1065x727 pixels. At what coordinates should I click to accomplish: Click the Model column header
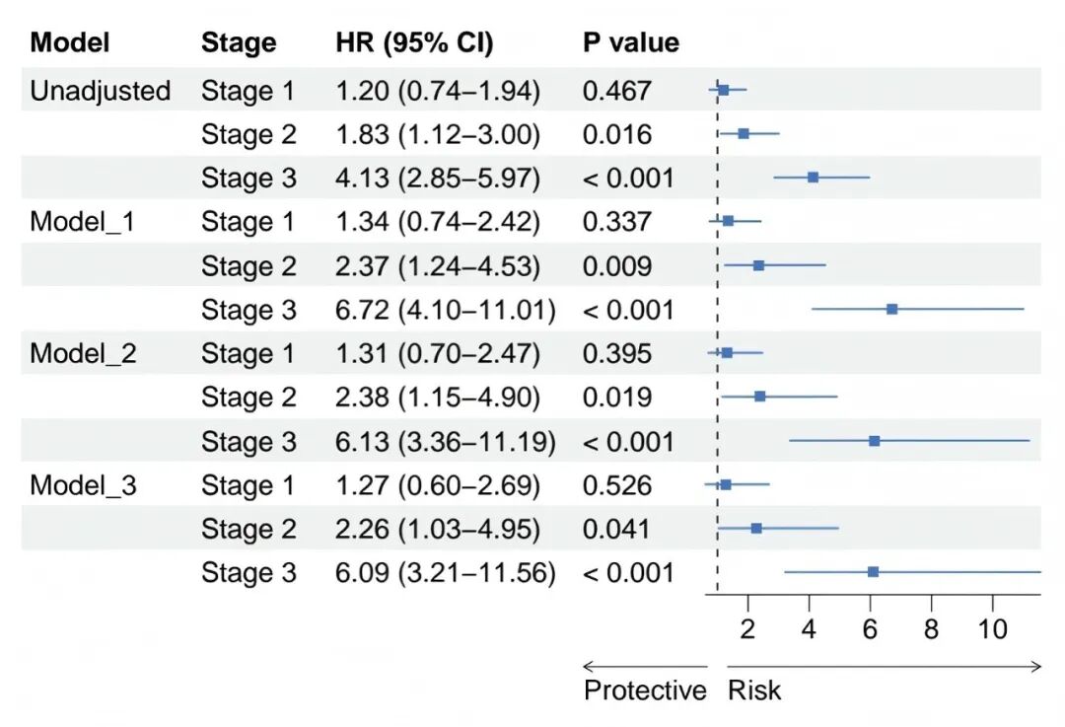point(69,42)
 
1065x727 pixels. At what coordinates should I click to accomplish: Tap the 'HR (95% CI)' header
point(414,42)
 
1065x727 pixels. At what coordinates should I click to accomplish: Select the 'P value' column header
point(631,42)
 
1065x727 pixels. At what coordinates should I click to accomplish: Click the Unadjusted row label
point(100,91)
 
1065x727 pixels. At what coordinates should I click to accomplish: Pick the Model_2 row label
point(83,354)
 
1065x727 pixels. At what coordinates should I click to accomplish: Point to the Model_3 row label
point(83,485)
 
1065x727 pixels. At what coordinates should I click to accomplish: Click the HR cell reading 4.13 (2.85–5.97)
point(438,178)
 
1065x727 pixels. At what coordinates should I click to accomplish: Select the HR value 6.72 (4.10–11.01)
point(445,310)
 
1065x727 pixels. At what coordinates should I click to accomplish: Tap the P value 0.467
point(616,91)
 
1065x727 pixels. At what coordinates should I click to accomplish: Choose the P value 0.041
point(616,530)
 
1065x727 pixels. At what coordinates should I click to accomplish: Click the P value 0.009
point(616,266)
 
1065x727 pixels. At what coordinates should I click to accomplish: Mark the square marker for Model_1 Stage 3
point(891,309)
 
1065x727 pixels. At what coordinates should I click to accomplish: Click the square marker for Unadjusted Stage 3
point(813,178)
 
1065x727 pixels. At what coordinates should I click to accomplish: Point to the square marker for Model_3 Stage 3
point(873,572)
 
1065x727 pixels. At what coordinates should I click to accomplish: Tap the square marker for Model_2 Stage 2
point(760,397)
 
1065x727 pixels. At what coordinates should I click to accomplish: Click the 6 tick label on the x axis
point(870,630)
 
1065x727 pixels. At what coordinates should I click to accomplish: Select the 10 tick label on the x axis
point(992,630)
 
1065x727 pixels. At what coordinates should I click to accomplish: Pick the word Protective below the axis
point(645,691)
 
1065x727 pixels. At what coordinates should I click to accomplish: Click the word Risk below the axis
point(754,691)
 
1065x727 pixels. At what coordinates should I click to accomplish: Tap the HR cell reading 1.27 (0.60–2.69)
point(438,485)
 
